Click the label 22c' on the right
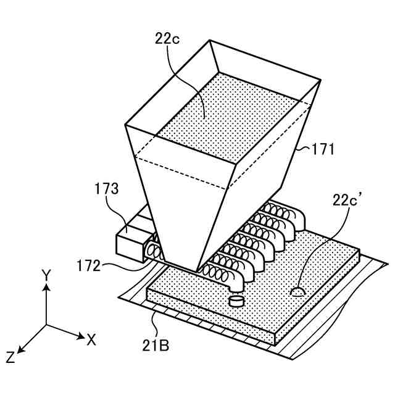pyautogui.click(x=350, y=200)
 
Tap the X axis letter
pyautogui.click(x=91, y=339)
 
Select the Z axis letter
pyautogui.click(x=10, y=357)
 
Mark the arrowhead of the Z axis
pyautogui.click(x=19, y=350)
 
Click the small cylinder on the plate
pyautogui.click(x=235, y=301)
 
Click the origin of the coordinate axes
pyautogui.click(x=45, y=325)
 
